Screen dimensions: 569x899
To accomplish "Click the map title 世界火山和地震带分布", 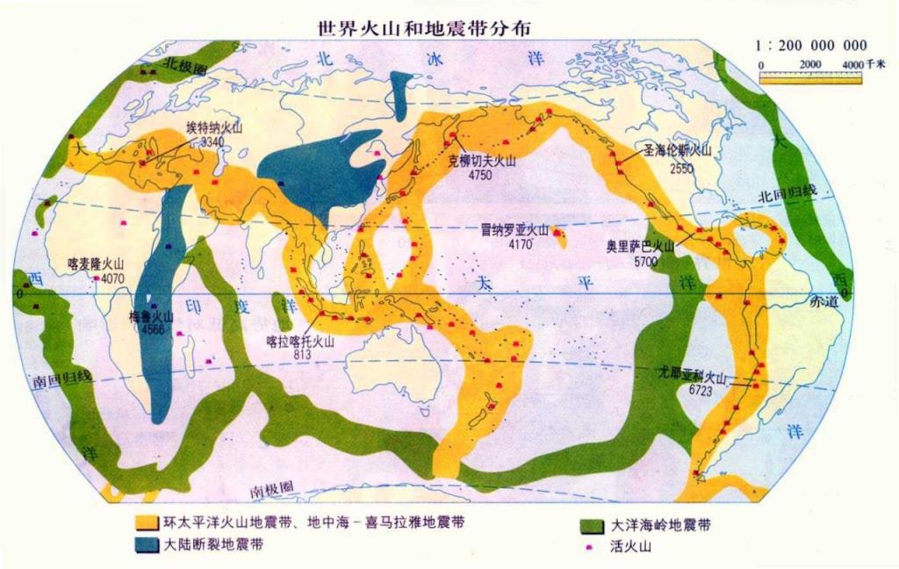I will click(424, 27).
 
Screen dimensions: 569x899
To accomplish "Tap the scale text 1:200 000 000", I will click(810, 46).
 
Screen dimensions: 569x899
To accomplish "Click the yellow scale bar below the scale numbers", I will click(810, 78).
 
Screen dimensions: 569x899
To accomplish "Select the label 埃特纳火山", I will click(213, 127).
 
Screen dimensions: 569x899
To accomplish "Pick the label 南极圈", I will click(268, 489).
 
